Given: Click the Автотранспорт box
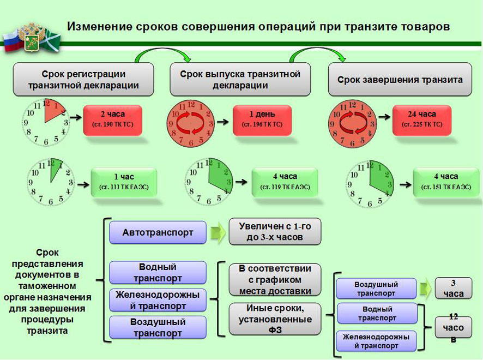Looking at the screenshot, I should pos(158,232).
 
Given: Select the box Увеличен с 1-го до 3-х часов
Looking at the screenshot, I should pos(274,232).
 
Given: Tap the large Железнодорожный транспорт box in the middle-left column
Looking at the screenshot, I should pos(158,300).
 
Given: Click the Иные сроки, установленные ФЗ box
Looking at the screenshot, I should pos(274,319).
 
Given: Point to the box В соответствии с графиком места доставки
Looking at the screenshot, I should pos(274,279).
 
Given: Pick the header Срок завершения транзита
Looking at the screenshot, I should pos(400,80).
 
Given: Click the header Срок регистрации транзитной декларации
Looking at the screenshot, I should pos(83,80).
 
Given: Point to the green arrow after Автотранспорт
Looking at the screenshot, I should pos(218,232).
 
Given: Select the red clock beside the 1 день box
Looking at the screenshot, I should pos(190,123).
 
